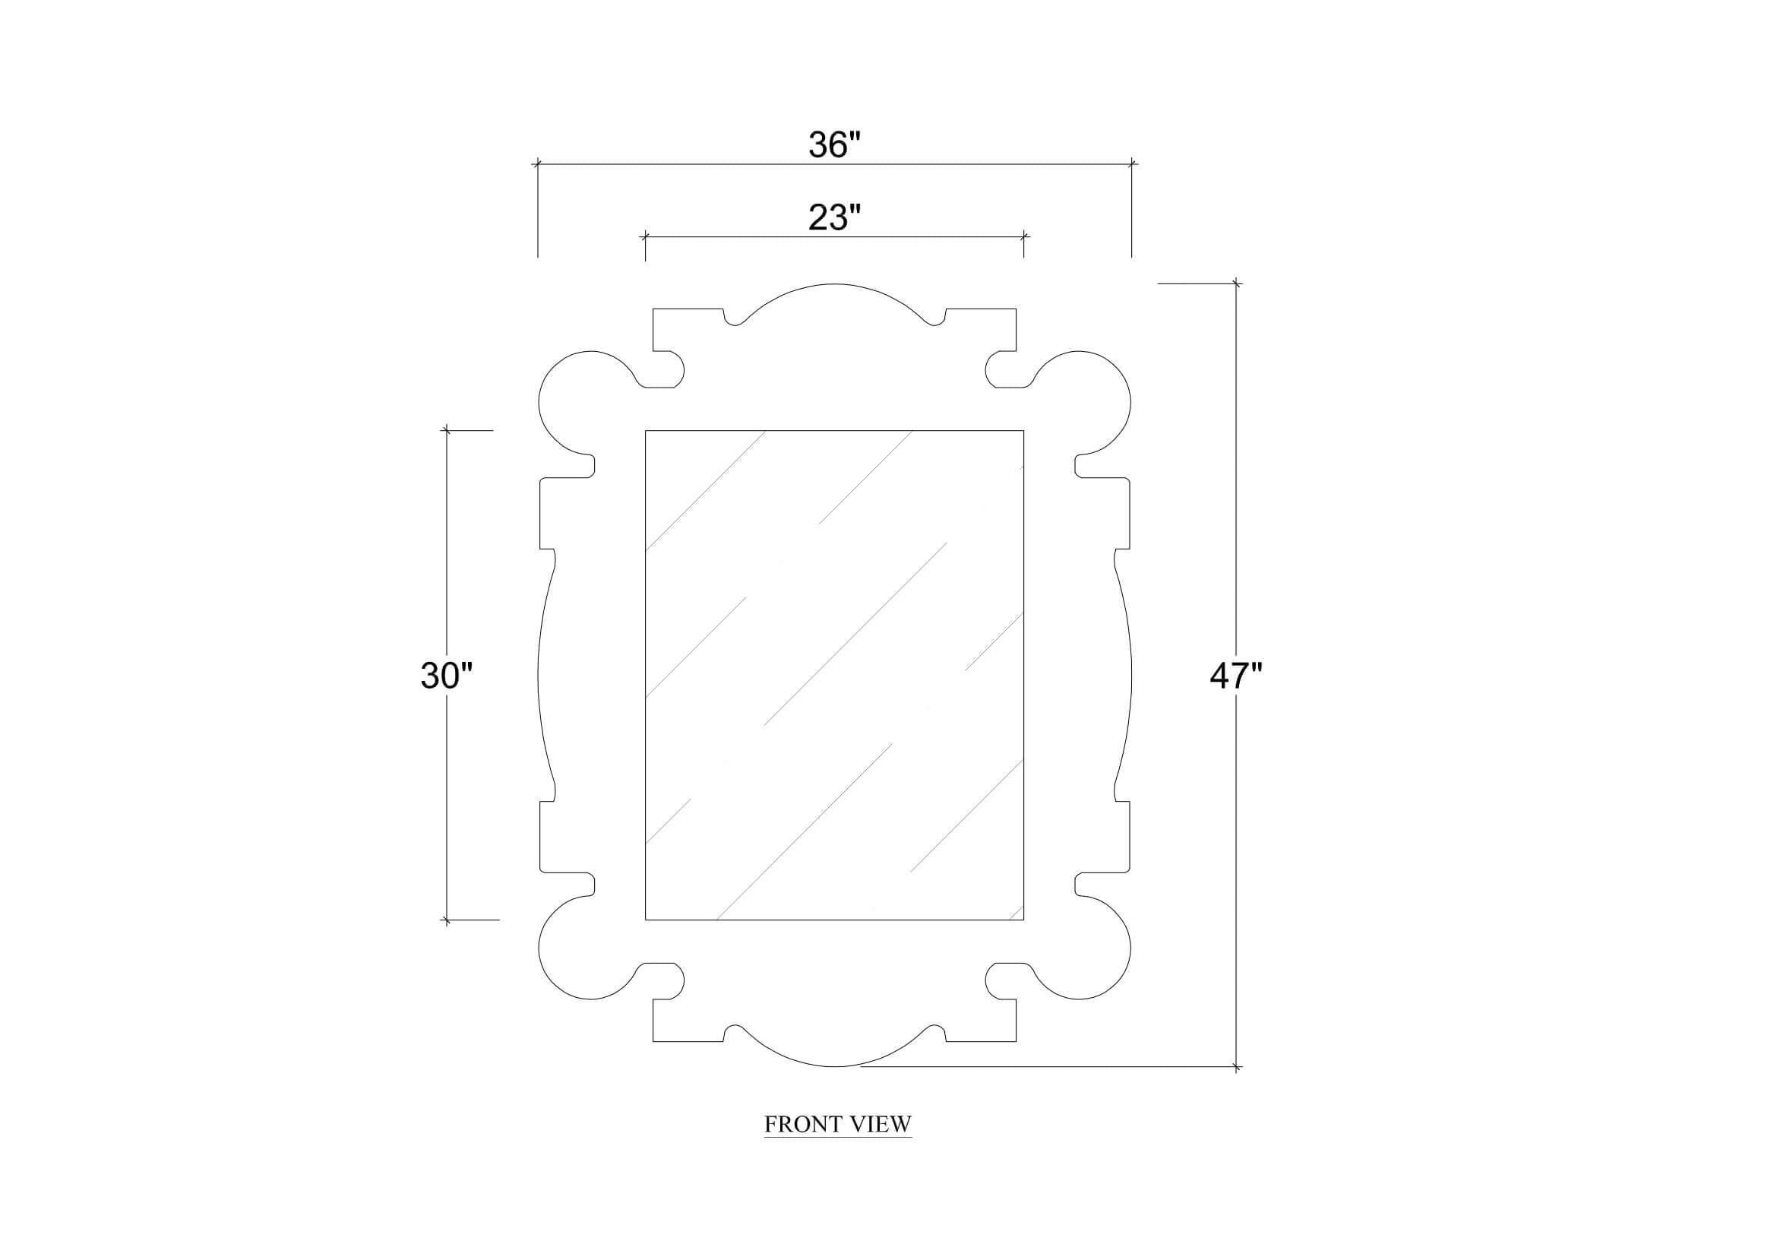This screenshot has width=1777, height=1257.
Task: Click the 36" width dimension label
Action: pos(834,144)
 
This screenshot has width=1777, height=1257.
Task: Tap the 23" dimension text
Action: pos(834,217)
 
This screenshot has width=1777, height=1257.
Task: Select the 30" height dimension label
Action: pos(446,676)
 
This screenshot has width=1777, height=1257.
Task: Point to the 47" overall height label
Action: pos(1235,676)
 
